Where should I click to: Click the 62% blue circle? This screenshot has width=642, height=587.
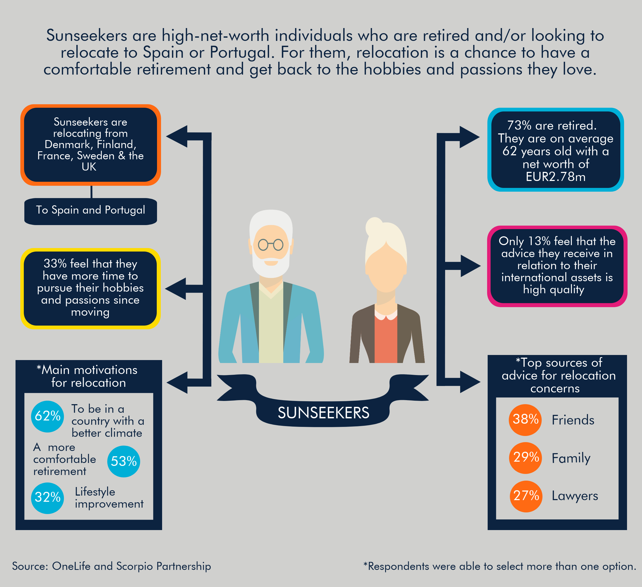pyautogui.click(x=47, y=416)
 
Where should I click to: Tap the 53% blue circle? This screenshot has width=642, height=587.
pyautogui.click(x=124, y=461)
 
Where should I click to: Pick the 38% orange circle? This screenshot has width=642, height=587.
pyautogui.click(x=525, y=420)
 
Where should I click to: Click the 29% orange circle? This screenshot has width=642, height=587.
pyautogui.click(x=525, y=458)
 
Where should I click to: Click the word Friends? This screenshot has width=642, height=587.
pyautogui.click(x=573, y=420)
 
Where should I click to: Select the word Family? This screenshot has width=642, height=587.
pyautogui.click(x=571, y=458)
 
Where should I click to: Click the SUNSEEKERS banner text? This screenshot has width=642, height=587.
pyautogui.click(x=324, y=413)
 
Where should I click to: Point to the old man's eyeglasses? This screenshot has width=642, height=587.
pyautogui.click(x=271, y=245)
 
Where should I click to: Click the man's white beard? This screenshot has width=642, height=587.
pyautogui.click(x=271, y=264)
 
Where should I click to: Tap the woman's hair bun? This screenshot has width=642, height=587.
pyautogui.click(x=374, y=226)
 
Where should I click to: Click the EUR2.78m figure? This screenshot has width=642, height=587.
pyautogui.click(x=555, y=177)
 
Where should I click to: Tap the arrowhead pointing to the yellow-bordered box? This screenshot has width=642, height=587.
pyautogui.click(x=175, y=289)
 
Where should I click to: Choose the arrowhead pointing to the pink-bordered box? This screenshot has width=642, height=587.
pyautogui.click(x=470, y=266)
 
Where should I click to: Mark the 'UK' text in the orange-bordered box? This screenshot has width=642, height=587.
pyautogui.click(x=89, y=167)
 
